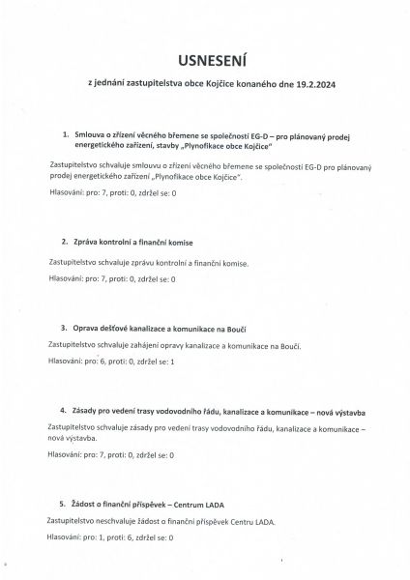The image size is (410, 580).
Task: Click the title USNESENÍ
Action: (x=204, y=59)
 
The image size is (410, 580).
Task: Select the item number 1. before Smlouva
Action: (x=65, y=131)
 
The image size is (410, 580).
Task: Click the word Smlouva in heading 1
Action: (x=91, y=131)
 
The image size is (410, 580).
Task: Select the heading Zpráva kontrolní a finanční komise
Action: (x=132, y=240)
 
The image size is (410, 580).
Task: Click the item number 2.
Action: (x=65, y=240)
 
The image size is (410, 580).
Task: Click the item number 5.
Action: (x=65, y=504)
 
